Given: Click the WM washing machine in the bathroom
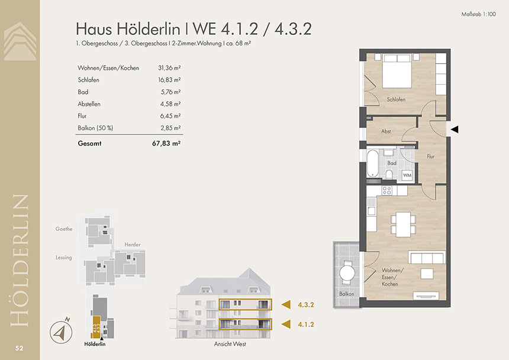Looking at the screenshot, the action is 407,175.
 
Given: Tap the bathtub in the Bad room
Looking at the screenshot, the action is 372,163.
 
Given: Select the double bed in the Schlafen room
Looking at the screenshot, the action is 397,71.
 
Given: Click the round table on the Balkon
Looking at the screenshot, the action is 347,273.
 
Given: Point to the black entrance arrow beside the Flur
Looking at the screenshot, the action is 455,129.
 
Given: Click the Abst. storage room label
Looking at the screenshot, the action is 386,131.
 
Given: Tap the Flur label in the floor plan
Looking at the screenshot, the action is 430,156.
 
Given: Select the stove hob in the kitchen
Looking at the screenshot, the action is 386,191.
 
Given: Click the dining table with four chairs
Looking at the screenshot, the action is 403,224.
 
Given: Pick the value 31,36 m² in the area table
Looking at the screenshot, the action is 169,68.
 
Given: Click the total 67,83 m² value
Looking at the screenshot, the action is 166,143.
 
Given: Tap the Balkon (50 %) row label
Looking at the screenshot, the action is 95,128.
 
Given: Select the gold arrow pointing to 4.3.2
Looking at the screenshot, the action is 286,304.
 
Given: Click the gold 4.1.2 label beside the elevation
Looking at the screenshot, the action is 306,324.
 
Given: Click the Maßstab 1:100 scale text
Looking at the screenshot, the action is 478,14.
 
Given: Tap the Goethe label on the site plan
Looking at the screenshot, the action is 64,229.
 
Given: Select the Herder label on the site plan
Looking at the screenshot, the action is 133,245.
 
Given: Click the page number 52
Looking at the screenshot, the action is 19,348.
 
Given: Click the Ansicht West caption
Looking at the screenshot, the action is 230,344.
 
